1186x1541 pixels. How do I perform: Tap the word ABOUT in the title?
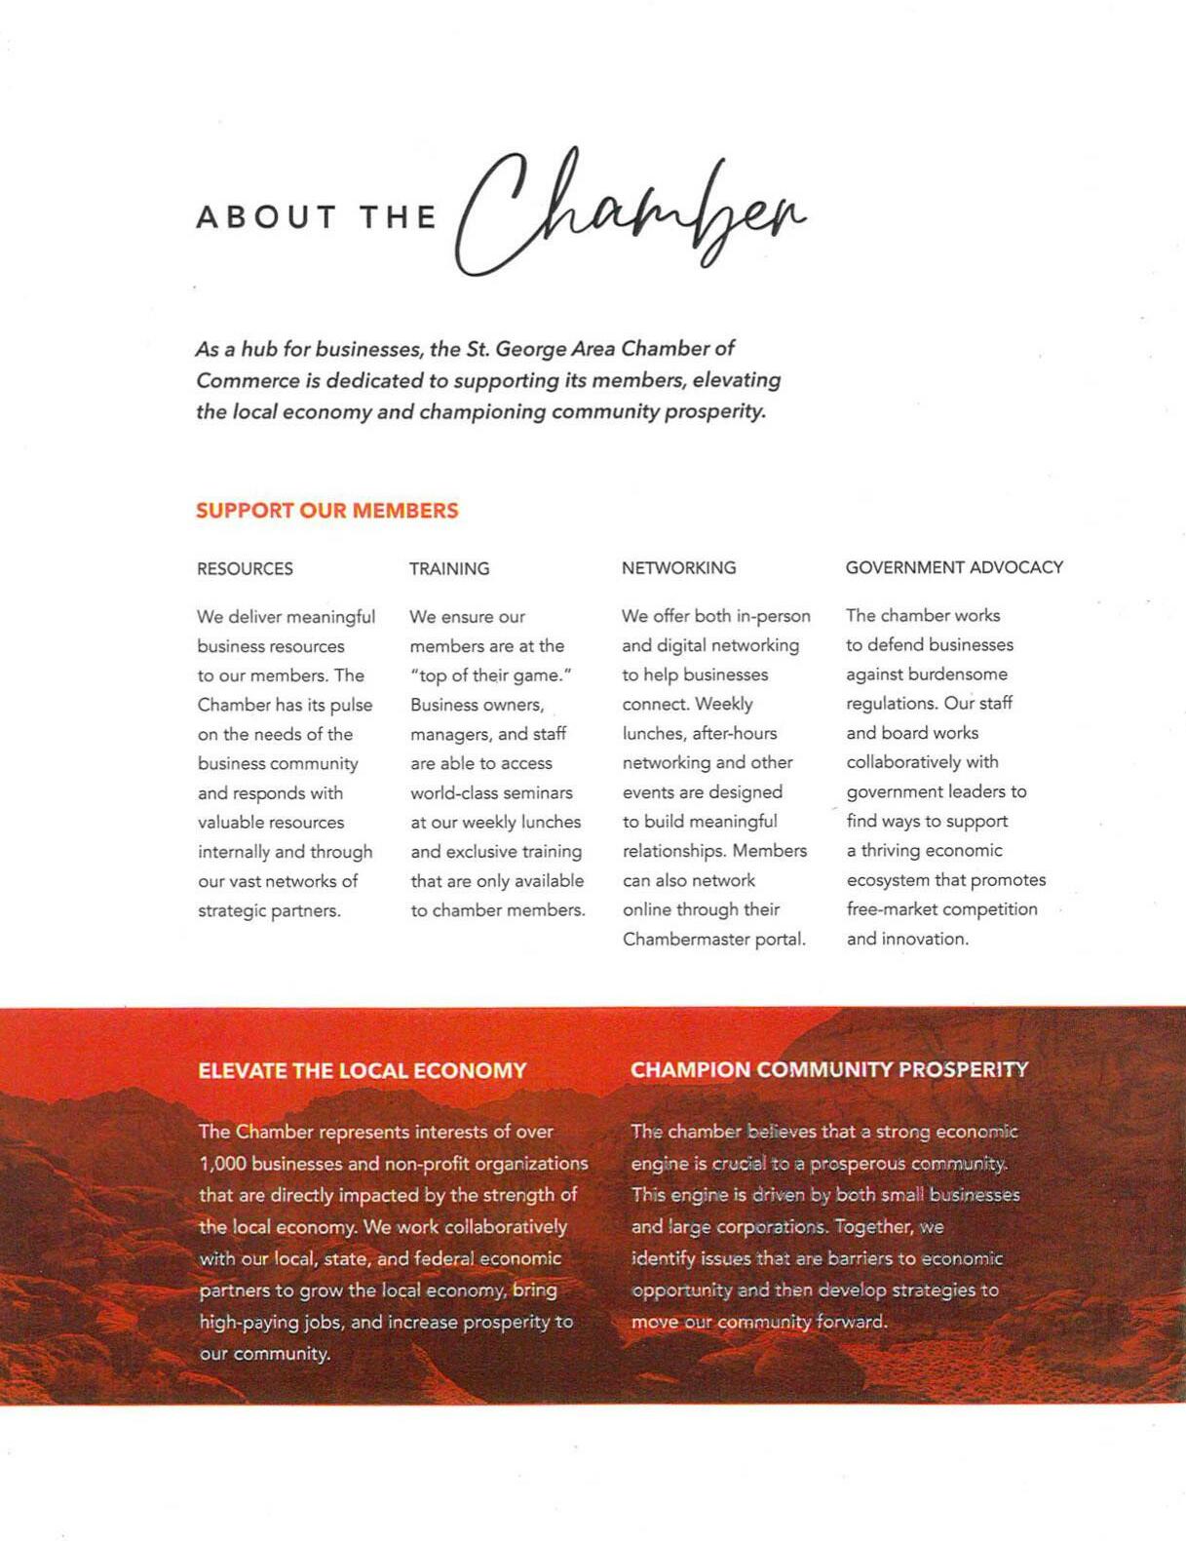click(266, 216)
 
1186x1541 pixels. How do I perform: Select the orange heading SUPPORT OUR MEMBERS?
click(326, 511)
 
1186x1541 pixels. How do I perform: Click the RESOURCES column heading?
click(245, 568)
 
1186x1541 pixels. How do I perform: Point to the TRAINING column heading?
click(449, 568)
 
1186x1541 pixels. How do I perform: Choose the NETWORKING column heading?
click(678, 567)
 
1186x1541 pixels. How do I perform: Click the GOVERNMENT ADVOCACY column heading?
click(954, 567)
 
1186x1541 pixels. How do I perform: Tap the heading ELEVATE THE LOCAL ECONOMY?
click(362, 1070)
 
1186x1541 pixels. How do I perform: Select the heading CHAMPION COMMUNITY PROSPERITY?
click(828, 1069)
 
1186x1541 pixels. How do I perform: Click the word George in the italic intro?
click(529, 349)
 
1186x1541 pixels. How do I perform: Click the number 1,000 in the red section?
click(222, 1164)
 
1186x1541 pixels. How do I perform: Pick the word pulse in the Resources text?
click(352, 705)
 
